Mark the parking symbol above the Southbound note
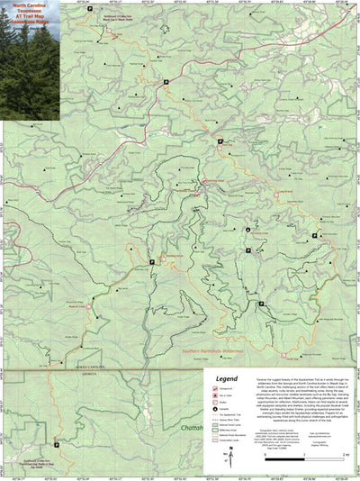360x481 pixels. point(56,420)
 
